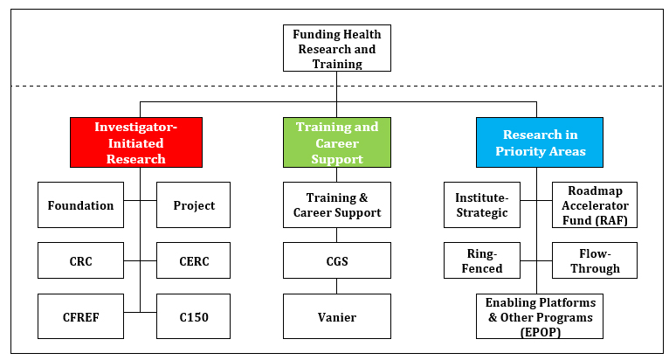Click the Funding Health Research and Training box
[x=336, y=48]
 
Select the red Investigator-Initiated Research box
[x=136, y=142]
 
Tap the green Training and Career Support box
[x=336, y=142]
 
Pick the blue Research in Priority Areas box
[x=538, y=142]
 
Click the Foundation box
[x=81, y=205]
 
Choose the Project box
[x=193, y=205]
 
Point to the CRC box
[x=81, y=260]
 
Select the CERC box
[x=193, y=260]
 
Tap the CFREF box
[x=81, y=316]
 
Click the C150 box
[x=193, y=316]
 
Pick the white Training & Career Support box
[x=336, y=205]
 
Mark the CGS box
[x=336, y=260]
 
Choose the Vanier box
[x=336, y=316]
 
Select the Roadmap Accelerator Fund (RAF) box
[x=595, y=205]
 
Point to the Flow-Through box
[x=595, y=260]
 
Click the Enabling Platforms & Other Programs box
[x=538, y=316]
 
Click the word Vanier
[x=336, y=316]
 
